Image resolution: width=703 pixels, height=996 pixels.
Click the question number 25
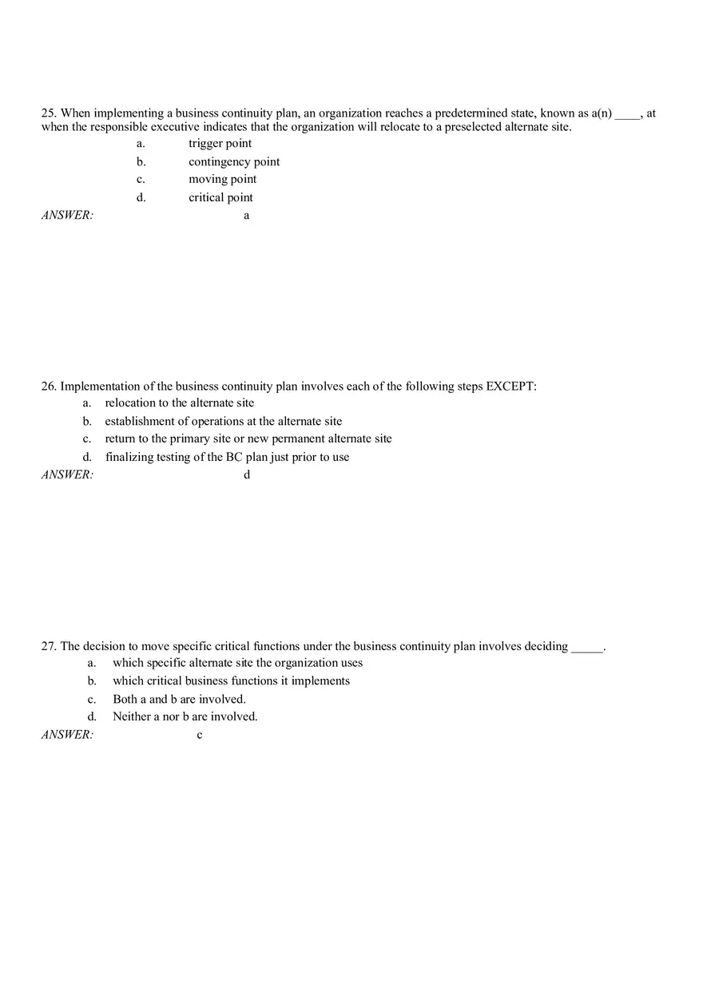click(x=49, y=113)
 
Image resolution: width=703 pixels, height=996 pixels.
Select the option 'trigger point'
click(x=220, y=144)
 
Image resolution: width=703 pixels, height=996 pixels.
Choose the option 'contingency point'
click(x=234, y=162)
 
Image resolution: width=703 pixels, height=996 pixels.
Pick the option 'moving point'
click(x=222, y=180)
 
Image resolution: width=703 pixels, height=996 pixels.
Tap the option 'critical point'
click(x=220, y=198)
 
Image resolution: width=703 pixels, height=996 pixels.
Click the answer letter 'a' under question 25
click(x=246, y=216)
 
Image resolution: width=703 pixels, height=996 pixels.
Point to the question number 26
click(x=49, y=387)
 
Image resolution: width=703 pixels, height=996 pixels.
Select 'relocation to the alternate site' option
click(x=179, y=403)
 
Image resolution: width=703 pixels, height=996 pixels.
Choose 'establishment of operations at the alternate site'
click(x=223, y=422)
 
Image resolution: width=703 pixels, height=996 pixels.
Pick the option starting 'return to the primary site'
click(x=248, y=439)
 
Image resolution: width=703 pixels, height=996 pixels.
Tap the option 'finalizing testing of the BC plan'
click(x=227, y=458)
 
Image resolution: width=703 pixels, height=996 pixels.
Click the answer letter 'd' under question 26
click(x=247, y=475)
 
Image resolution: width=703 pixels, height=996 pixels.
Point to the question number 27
click(x=49, y=646)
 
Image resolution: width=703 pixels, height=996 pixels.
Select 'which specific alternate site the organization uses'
click(x=237, y=663)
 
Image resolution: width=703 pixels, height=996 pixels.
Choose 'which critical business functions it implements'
click(x=231, y=681)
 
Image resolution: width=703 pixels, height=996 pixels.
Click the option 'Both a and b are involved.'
click(x=179, y=700)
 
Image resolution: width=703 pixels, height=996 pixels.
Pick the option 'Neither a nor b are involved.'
click(x=185, y=717)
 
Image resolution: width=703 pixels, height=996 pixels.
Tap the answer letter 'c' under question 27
click(x=200, y=736)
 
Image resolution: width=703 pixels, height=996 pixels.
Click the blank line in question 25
click(x=627, y=116)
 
